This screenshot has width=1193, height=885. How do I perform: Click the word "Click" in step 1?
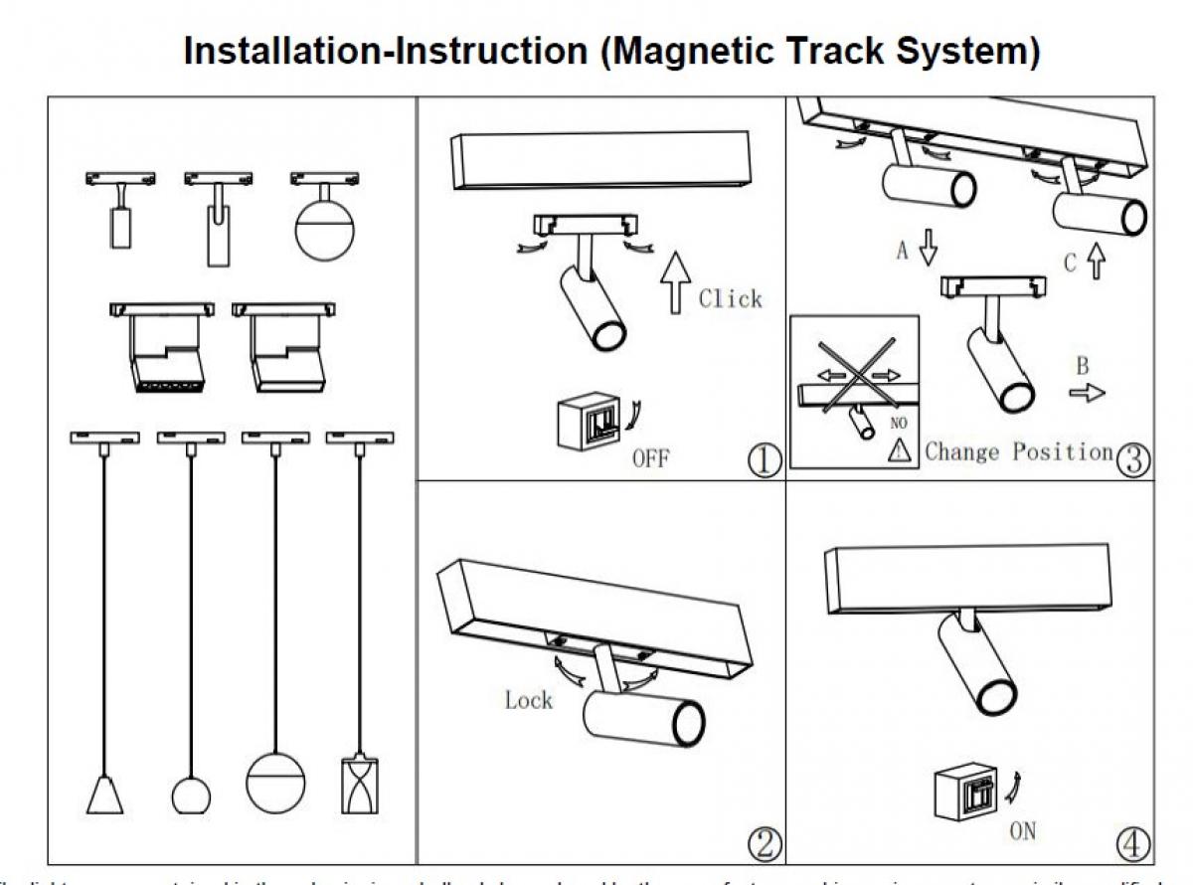pyautogui.click(x=730, y=298)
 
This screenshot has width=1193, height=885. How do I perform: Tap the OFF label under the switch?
pyautogui.click(x=650, y=458)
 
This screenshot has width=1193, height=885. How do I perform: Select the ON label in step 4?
pyautogui.click(x=1023, y=829)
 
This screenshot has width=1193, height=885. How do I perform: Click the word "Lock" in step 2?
pyautogui.click(x=528, y=700)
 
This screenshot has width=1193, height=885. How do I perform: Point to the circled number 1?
pyautogui.click(x=764, y=460)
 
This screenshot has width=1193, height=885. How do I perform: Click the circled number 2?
pyautogui.click(x=764, y=844)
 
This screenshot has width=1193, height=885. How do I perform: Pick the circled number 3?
pyautogui.click(x=1133, y=458)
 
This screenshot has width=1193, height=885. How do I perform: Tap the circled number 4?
pyautogui.click(x=1133, y=844)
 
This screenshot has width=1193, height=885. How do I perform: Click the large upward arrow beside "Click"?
pyautogui.click(x=675, y=281)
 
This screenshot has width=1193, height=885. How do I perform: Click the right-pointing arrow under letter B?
pyautogui.click(x=1087, y=393)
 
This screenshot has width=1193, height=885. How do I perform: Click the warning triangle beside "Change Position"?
pyautogui.click(x=901, y=451)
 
